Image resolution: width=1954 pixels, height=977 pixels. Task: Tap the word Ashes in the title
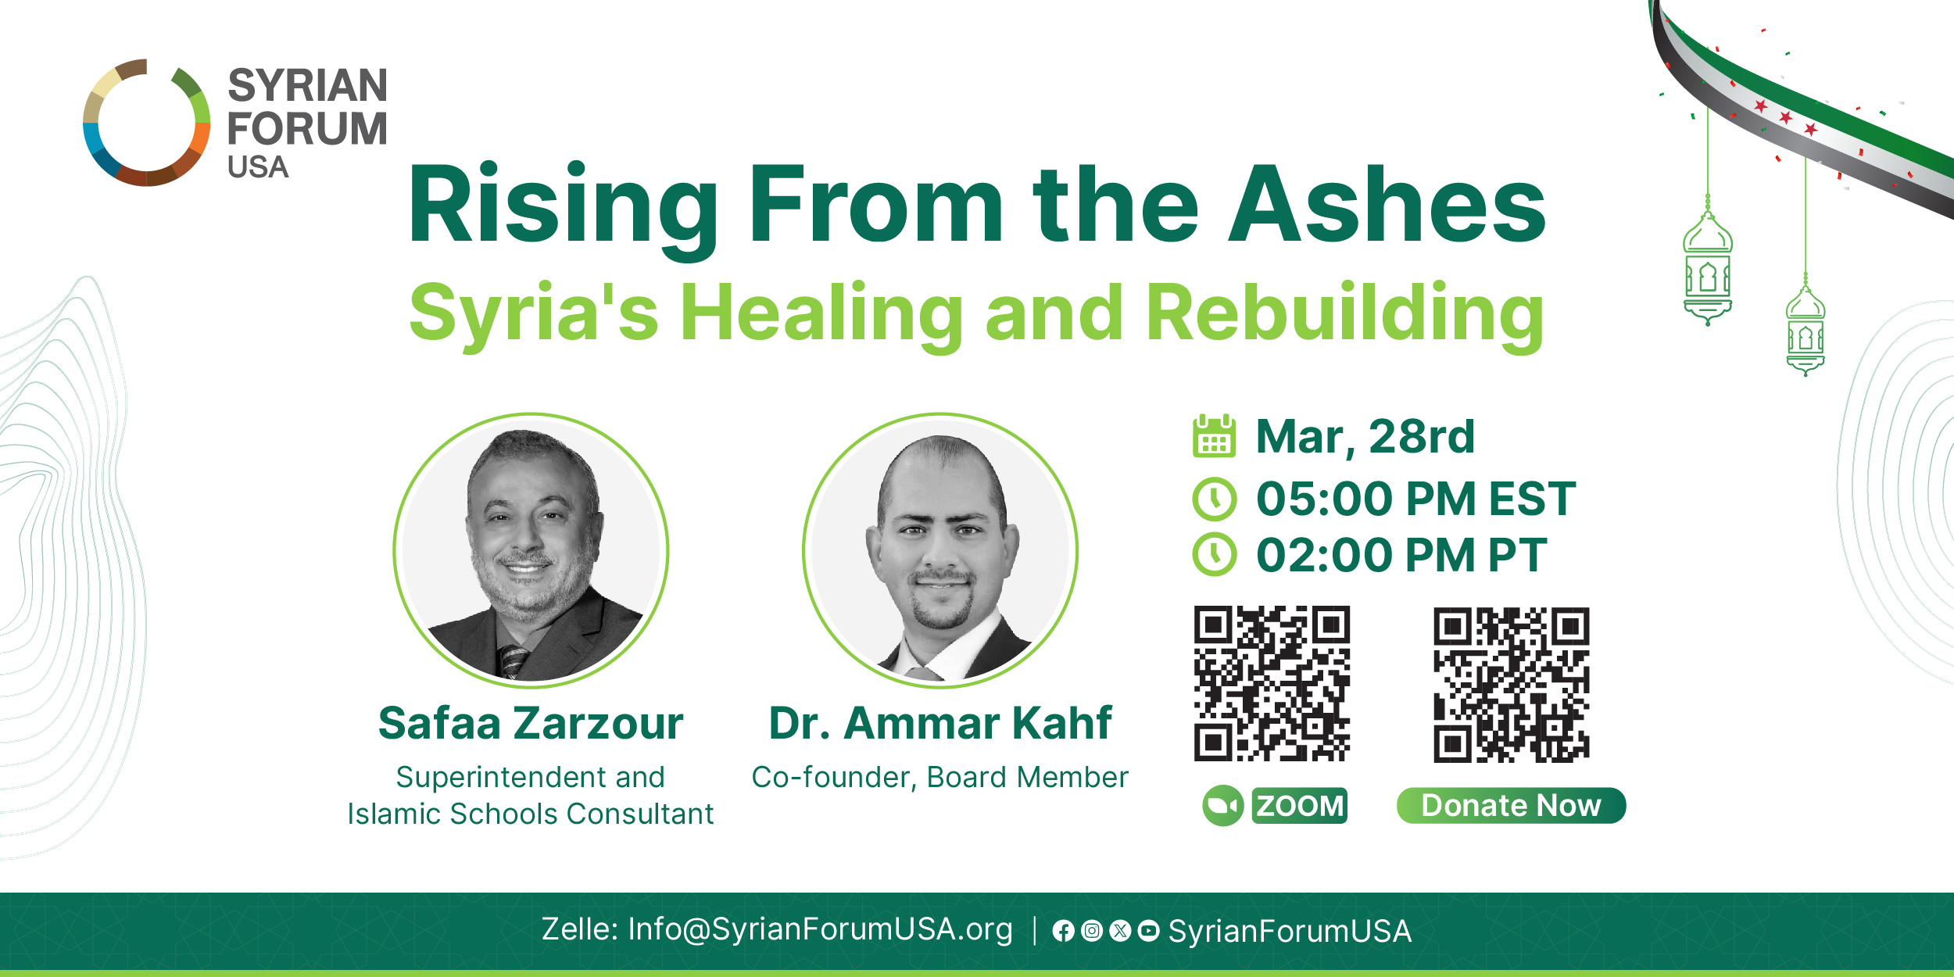click(1387, 205)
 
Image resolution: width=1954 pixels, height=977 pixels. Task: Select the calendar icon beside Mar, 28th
click(1214, 435)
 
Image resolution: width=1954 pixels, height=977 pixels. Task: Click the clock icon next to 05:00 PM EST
click(1215, 499)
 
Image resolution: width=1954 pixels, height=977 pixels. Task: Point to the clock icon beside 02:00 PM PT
click(1215, 554)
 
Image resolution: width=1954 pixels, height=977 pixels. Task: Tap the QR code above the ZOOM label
click(1272, 683)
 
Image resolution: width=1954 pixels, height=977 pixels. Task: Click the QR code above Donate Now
click(1511, 685)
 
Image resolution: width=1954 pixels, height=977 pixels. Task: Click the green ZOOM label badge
click(1299, 805)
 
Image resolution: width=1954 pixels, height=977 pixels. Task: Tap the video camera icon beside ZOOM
click(1222, 805)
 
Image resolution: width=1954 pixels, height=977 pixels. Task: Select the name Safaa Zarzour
click(531, 723)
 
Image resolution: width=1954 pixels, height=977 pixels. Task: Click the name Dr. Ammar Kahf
click(940, 723)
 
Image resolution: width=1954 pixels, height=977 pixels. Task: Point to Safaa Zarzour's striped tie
click(512, 661)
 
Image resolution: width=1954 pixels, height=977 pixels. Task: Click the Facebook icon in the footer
click(1063, 930)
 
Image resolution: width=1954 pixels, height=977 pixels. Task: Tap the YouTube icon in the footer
click(1148, 930)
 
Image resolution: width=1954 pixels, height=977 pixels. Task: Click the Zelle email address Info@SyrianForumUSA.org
click(820, 929)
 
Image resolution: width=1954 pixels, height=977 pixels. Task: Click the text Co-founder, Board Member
click(940, 778)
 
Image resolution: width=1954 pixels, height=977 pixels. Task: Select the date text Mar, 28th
click(1365, 436)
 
